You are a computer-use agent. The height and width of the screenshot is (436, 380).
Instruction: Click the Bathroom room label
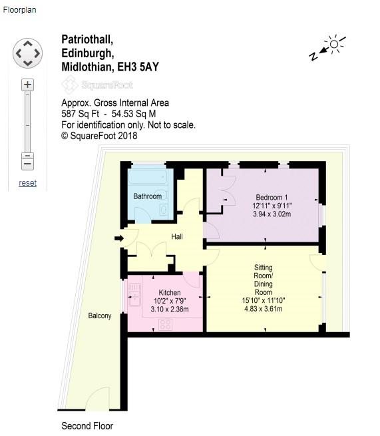click(147, 196)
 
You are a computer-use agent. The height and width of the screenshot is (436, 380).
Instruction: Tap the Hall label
click(177, 236)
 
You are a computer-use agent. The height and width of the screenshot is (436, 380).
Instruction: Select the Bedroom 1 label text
click(272, 198)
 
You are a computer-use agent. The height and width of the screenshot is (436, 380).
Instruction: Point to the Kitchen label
click(170, 292)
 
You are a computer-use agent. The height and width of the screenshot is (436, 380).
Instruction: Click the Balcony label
click(100, 316)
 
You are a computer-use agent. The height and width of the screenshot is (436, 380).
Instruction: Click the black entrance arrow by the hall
click(119, 238)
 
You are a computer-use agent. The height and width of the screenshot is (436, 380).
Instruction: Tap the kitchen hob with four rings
click(166, 325)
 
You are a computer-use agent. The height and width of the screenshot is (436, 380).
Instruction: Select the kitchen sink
click(135, 294)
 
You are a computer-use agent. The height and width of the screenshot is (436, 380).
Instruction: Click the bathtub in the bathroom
click(148, 177)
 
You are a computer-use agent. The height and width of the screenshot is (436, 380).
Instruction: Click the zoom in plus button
click(27, 85)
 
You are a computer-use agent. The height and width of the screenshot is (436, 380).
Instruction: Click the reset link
click(27, 183)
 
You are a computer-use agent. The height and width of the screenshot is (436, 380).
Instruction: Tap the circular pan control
click(27, 53)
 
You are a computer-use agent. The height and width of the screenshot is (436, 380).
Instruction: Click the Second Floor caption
click(87, 426)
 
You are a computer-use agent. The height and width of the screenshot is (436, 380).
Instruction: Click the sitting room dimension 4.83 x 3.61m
click(264, 309)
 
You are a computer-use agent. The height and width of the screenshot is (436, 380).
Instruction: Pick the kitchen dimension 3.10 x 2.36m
click(170, 310)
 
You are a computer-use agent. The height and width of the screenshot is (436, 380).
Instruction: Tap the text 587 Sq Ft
click(80, 114)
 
